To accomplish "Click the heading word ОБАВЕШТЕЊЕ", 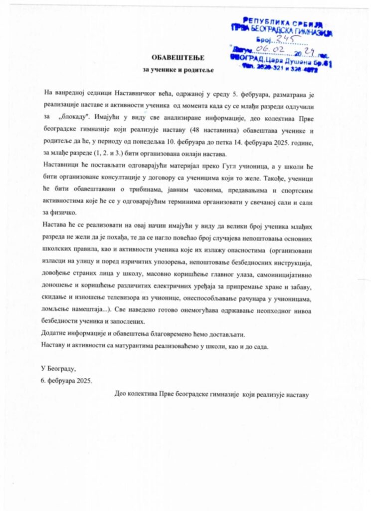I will [175, 59].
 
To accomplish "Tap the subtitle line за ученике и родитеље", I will [175, 70].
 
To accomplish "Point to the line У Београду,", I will [58, 369].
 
